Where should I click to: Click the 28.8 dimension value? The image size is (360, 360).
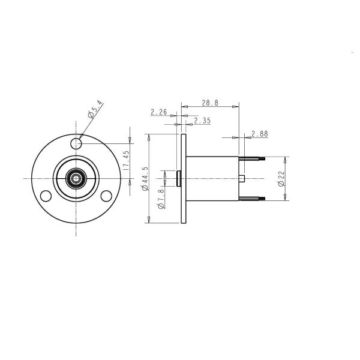click(209, 103)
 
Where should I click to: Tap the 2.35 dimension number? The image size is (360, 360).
click(202, 121)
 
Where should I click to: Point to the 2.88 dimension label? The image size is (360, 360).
click(260, 134)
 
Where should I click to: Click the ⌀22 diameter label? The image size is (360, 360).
click(281, 179)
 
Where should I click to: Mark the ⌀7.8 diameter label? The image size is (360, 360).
click(160, 197)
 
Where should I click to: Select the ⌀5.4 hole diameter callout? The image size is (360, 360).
click(95, 112)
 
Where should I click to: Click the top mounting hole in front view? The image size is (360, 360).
click(76, 143)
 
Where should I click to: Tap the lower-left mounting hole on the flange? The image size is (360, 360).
click(45, 196)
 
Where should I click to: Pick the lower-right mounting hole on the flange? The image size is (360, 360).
click(106, 196)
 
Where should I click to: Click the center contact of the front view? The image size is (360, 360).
click(76, 178)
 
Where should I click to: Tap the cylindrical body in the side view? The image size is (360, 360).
click(213, 179)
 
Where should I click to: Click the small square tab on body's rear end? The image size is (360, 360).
click(242, 179)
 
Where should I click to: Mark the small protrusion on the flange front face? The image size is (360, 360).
click(178, 179)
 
